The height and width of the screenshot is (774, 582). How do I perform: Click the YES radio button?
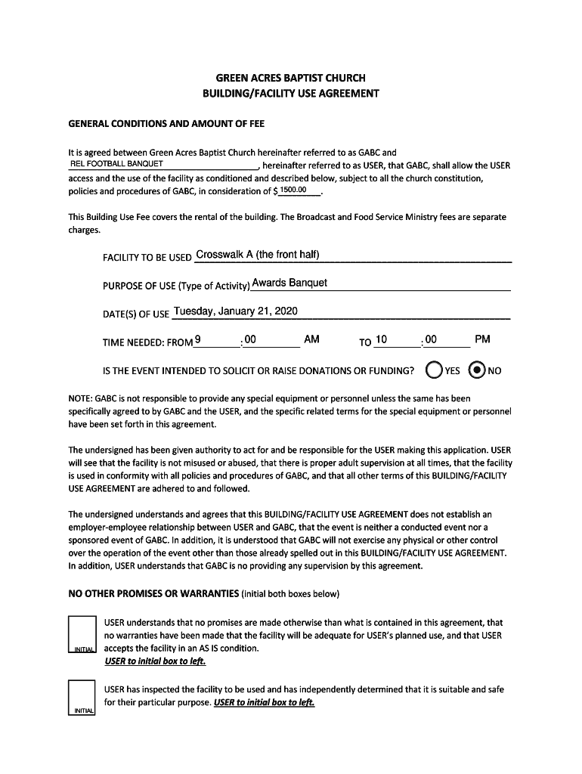[434, 370]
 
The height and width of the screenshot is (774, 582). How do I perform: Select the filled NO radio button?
[478, 370]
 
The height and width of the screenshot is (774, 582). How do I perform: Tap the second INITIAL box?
[82, 697]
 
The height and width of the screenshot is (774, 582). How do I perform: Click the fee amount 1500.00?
[293, 190]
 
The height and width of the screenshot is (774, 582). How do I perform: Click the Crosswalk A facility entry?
[257, 255]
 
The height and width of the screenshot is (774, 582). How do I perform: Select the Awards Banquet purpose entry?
[289, 283]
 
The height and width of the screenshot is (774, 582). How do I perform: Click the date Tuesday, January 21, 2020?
[235, 311]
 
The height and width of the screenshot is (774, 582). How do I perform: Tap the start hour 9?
[197, 339]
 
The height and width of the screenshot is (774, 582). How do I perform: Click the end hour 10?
[381, 339]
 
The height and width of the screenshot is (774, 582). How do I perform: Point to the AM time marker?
[311, 339]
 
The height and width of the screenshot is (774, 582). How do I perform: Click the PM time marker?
[482, 339]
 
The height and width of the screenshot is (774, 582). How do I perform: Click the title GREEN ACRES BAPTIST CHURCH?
[291, 78]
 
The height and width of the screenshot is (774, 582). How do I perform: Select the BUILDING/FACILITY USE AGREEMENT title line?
[291, 94]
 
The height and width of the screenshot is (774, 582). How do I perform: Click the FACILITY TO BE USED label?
[147, 258]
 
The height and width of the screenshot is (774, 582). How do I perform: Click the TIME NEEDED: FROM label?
[147, 342]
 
